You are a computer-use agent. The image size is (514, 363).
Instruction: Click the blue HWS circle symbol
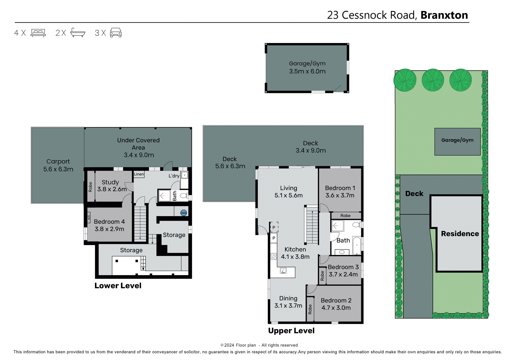(x=184, y=213)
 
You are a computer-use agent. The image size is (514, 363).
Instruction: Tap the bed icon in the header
(x=38, y=33)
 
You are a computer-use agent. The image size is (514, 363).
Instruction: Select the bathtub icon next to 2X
(x=78, y=33)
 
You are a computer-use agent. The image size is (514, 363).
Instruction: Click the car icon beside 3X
(x=116, y=33)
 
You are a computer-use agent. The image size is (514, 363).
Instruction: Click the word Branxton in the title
(x=444, y=15)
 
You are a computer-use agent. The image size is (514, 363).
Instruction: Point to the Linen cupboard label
(x=139, y=174)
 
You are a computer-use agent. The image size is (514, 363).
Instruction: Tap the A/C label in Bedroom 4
(x=89, y=217)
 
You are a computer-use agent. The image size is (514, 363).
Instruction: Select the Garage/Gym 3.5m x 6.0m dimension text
(x=307, y=71)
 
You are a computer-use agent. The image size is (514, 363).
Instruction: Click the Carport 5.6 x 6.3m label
(x=58, y=165)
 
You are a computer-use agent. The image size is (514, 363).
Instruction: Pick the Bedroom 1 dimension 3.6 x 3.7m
(x=340, y=195)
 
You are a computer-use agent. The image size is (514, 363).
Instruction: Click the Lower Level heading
(x=118, y=285)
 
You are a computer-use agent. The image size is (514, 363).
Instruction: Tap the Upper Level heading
(x=291, y=331)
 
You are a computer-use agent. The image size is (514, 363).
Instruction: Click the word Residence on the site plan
(x=460, y=234)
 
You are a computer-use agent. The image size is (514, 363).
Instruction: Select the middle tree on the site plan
(x=433, y=80)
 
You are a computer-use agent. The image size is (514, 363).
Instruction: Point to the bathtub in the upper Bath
(x=357, y=245)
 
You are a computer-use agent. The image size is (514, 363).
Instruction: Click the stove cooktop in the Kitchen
(x=273, y=257)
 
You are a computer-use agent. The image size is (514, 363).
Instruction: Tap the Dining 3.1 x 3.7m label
(x=288, y=302)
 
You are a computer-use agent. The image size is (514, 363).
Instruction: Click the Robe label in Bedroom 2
(x=310, y=309)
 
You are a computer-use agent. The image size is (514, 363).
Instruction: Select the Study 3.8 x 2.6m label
(x=111, y=186)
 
